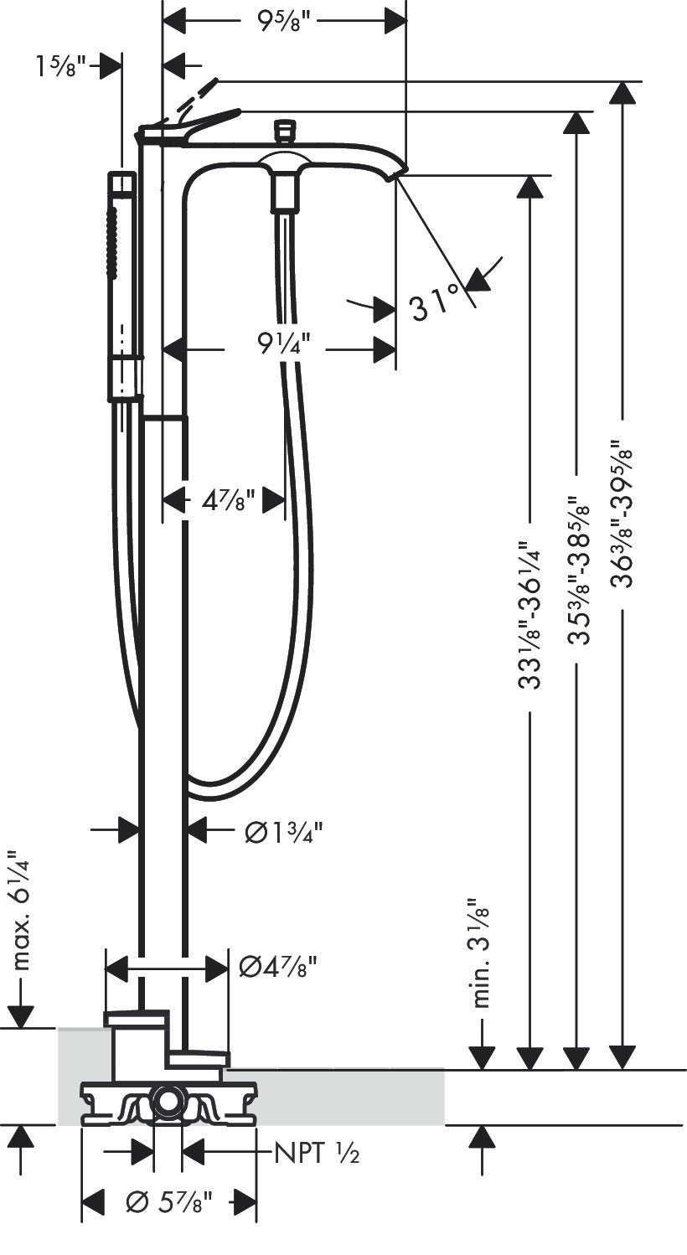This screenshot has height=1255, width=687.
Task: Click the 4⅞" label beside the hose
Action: [x=227, y=502]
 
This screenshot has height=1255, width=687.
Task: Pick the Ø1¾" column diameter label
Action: [x=283, y=831]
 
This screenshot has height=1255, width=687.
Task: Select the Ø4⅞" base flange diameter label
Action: [x=278, y=967]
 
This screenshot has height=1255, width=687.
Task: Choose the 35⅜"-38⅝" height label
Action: [x=576, y=570]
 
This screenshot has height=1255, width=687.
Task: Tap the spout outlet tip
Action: [x=395, y=174]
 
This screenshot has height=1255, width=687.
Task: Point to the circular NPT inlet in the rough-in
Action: [x=168, y=1102]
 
